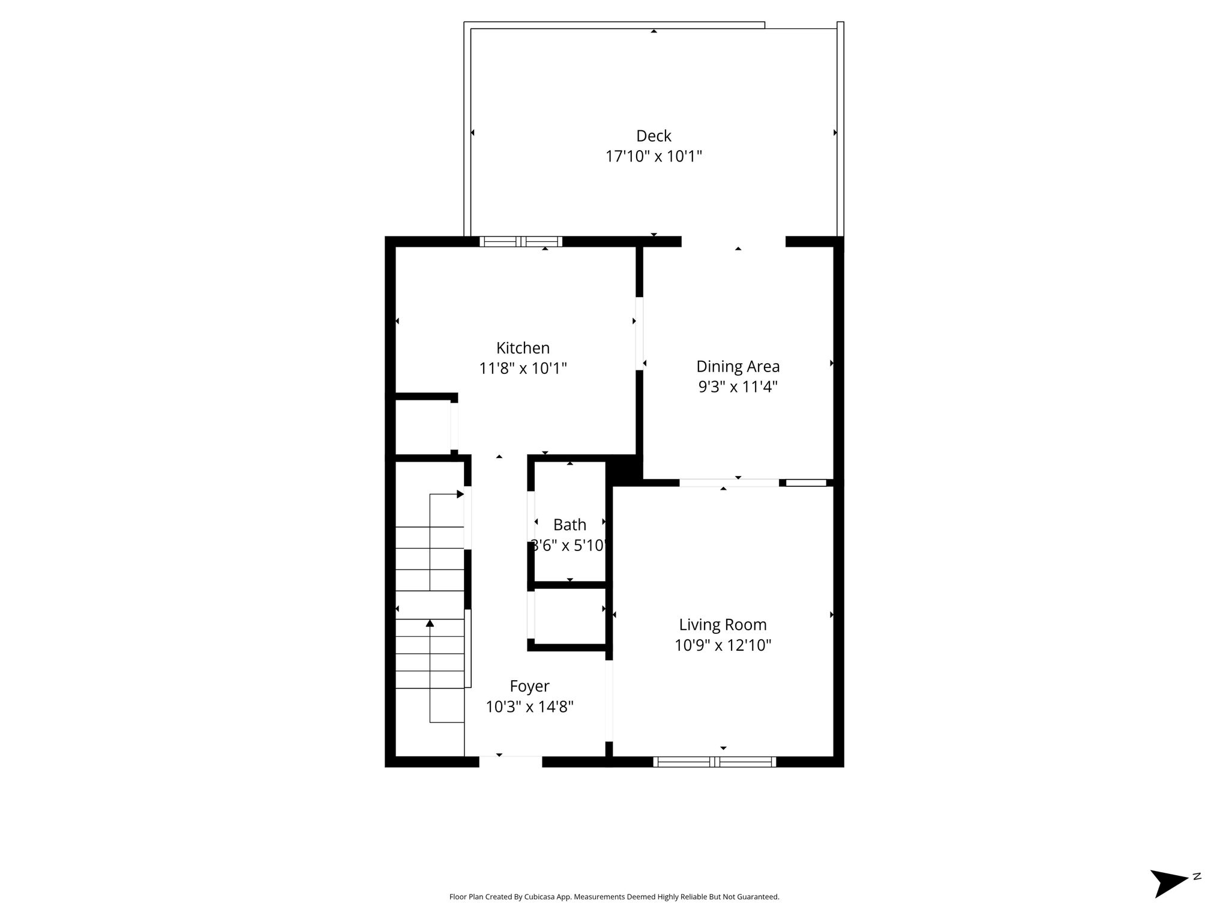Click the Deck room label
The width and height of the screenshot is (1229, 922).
tap(654, 136)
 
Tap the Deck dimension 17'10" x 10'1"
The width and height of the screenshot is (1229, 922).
tap(654, 157)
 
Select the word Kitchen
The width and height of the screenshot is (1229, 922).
tap(523, 348)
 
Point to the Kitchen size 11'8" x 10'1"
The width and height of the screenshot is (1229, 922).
tap(523, 368)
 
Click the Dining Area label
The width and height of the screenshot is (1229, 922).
tap(738, 366)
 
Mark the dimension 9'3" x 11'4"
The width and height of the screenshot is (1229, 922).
tap(738, 387)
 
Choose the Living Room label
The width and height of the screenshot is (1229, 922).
tap(723, 625)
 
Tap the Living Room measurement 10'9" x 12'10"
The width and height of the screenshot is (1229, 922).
tap(723, 645)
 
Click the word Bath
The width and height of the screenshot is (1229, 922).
tap(569, 525)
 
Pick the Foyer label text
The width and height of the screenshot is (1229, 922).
tap(529, 686)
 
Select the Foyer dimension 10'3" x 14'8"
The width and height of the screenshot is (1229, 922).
tap(529, 707)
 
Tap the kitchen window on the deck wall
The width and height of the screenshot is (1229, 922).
tap(521, 242)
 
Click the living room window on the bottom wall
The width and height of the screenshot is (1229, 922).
tap(715, 762)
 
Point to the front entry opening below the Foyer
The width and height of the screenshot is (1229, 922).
tap(511, 762)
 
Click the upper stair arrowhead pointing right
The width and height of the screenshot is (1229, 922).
tap(461, 494)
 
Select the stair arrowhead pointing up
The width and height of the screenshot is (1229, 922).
tap(430, 623)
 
